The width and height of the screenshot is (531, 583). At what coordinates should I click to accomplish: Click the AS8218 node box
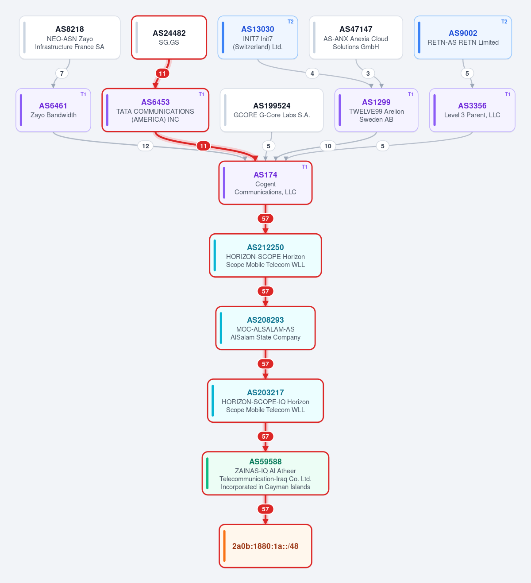click(70, 38)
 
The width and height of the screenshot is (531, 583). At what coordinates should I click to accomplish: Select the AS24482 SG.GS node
click(169, 38)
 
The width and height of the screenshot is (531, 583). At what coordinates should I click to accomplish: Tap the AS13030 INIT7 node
click(258, 38)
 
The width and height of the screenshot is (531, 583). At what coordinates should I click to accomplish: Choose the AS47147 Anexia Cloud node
click(356, 38)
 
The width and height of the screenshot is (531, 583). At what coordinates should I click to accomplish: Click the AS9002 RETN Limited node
click(463, 38)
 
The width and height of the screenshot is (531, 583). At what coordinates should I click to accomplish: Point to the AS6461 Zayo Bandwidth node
click(54, 110)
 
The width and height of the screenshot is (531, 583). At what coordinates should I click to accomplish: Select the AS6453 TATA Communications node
click(155, 110)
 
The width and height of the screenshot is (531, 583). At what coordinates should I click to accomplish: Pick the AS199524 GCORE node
click(272, 110)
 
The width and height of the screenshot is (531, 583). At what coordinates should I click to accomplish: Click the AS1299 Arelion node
click(377, 110)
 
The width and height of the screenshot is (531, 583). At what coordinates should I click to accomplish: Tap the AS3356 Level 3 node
click(472, 110)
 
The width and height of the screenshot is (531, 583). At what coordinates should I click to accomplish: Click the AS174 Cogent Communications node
click(265, 183)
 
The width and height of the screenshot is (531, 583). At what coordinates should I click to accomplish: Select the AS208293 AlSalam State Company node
click(265, 328)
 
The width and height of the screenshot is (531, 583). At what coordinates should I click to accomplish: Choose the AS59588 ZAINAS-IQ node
click(265, 473)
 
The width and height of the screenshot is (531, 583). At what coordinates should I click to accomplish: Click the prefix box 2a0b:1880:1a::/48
click(265, 546)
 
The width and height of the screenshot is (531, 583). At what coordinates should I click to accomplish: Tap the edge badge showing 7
click(62, 73)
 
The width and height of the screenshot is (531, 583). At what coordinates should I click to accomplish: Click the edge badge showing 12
click(145, 146)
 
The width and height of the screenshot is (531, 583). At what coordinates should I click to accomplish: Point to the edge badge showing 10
click(328, 146)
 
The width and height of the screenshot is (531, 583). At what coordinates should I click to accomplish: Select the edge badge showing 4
click(312, 73)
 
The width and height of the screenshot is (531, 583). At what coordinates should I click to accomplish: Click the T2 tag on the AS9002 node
click(504, 22)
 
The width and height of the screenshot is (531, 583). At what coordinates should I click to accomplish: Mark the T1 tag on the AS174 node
click(304, 167)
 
